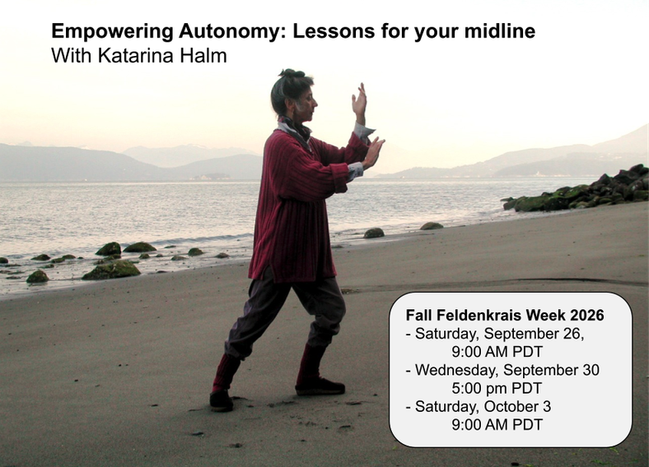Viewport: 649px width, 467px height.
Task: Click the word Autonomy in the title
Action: click(x=230, y=32)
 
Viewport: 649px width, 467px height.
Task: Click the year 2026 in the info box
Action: click(x=587, y=316)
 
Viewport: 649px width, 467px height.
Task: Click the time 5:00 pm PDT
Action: click(x=497, y=388)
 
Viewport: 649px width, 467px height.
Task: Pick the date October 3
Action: click(x=517, y=407)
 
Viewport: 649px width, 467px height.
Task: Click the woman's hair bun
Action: click(x=292, y=73)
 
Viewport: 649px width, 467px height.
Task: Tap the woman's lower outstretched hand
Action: click(x=373, y=152)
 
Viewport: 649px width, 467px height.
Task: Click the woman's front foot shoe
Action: click(x=320, y=387)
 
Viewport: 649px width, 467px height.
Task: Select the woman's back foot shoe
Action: click(x=222, y=400)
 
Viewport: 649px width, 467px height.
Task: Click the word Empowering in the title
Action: click(x=112, y=32)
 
